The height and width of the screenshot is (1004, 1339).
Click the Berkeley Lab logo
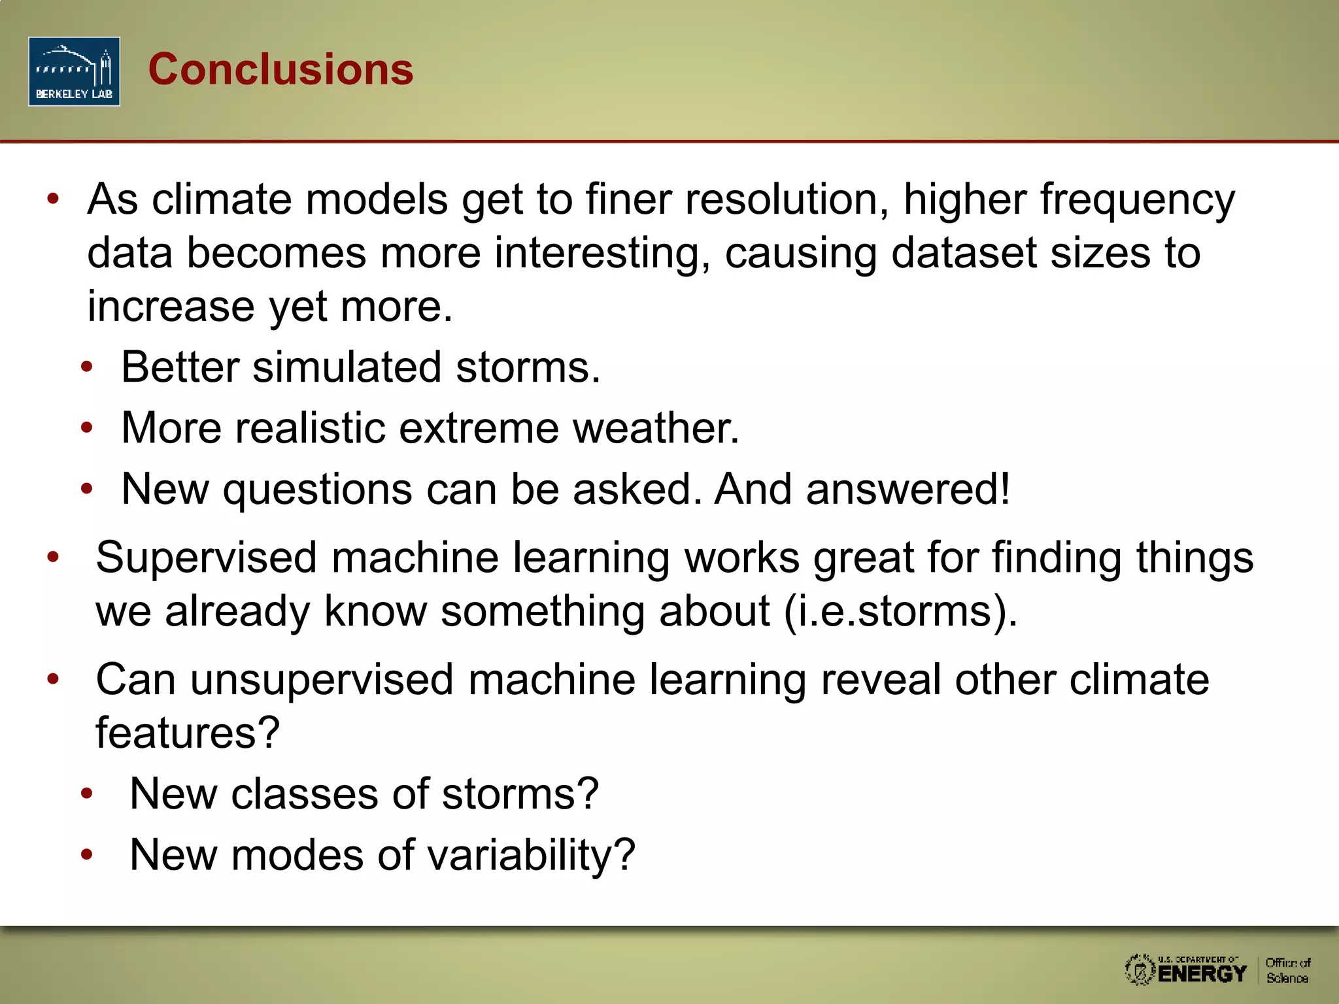point(74,71)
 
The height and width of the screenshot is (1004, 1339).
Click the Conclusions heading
point(280,69)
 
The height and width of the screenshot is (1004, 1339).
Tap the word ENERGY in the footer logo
point(1202,973)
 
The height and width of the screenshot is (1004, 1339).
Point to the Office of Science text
point(1287,970)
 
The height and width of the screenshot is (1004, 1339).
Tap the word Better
point(180,367)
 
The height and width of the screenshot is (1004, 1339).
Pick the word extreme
point(479,427)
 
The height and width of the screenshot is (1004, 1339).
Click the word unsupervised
point(322,679)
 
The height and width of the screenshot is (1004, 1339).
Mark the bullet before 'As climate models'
point(54,198)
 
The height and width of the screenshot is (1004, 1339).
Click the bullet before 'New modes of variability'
point(87,854)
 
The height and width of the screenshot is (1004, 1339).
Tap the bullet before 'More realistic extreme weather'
point(87,427)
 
